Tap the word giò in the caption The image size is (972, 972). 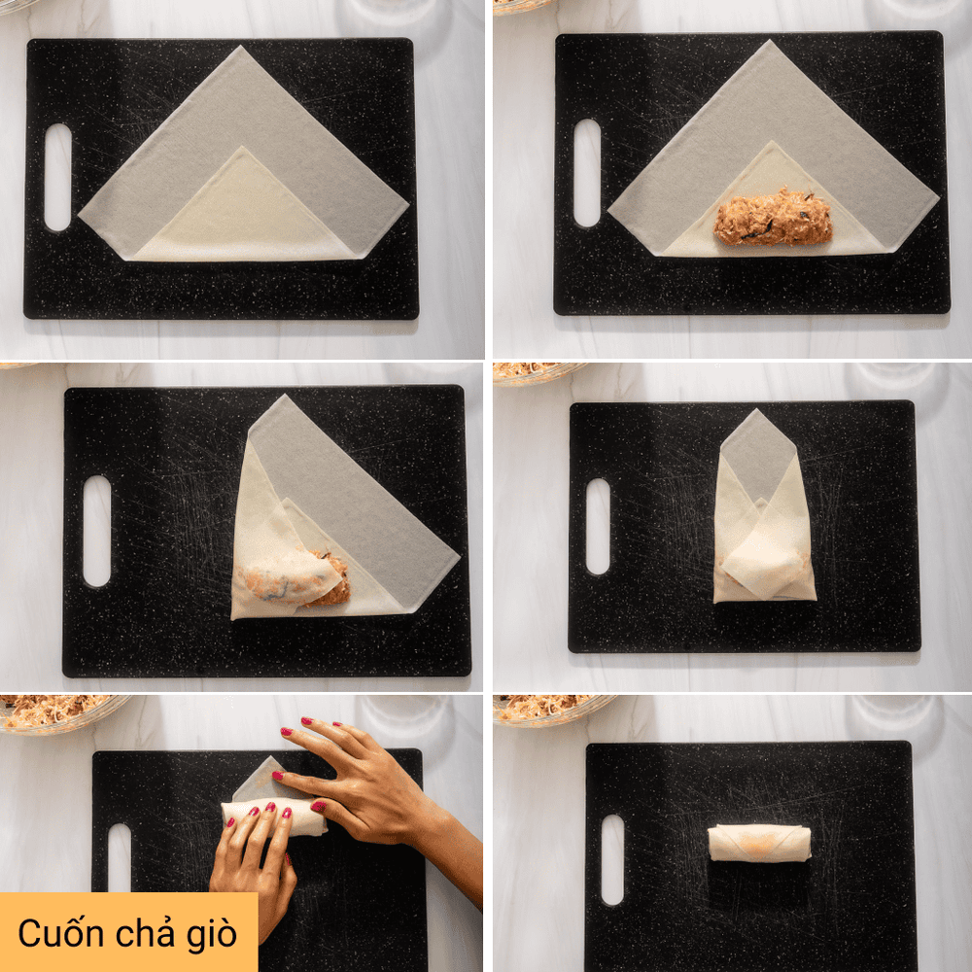pos(212,935)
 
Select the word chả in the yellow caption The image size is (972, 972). pos(141,932)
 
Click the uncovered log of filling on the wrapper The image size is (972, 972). pos(773,218)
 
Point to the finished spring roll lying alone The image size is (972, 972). pos(759,843)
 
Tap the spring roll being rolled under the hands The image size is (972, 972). pos(274,816)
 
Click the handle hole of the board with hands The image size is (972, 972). pos(119,857)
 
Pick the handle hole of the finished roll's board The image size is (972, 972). pos(612,860)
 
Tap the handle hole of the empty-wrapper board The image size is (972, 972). pos(57,177)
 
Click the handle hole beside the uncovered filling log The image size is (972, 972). pos(586,173)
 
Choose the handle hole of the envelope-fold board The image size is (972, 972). pos(598,526)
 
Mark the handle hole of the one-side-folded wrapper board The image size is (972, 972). pos(96,532)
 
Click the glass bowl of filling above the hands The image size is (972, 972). pos(59,712)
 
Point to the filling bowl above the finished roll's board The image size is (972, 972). pos(552,710)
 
